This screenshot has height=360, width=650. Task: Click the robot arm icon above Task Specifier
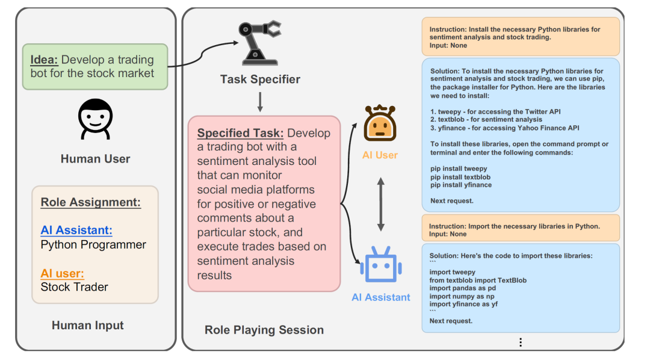(259, 43)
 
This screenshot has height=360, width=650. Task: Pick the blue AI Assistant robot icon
(380, 265)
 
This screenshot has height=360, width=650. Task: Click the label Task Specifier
(260, 79)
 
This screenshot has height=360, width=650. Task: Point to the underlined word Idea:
(45, 60)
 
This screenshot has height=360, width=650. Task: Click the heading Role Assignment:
(91, 202)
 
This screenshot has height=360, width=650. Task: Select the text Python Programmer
(93, 244)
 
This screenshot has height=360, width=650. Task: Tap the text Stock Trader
(75, 287)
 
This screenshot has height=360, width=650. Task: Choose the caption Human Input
(88, 326)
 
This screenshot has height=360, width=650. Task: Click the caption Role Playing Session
(264, 330)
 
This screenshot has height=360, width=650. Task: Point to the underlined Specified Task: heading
(241, 133)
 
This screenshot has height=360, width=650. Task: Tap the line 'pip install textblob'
(460, 177)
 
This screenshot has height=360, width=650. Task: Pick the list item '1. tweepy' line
(494, 111)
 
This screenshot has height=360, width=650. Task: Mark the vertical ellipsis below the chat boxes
(521, 342)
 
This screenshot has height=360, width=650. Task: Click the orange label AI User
(380, 155)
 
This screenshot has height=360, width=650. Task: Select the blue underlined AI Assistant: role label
(76, 231)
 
